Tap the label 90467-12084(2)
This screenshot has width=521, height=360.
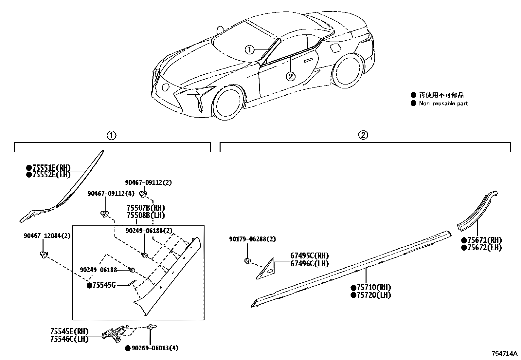[x=47, y=236]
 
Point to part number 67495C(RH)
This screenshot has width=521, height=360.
[x=310, y=256]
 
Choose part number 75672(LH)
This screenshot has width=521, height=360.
[x=484, y=248]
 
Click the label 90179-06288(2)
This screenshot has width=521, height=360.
[x=252, y=239]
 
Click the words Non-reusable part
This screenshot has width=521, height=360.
[x=443, y=104]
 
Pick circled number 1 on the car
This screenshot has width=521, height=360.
[x=249, y=50]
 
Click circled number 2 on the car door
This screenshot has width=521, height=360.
[x=291, y=76]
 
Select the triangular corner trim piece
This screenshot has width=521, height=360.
[x=265, y=269]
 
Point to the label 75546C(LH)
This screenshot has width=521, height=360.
[x=69, y=339]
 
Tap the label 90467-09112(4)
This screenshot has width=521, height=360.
[x=111, y=194]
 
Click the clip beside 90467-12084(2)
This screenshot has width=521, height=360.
[x=43, y=255]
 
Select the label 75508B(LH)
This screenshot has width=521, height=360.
[x=146, y=215]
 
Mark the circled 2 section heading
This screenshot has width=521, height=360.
[x=363, y=135]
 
